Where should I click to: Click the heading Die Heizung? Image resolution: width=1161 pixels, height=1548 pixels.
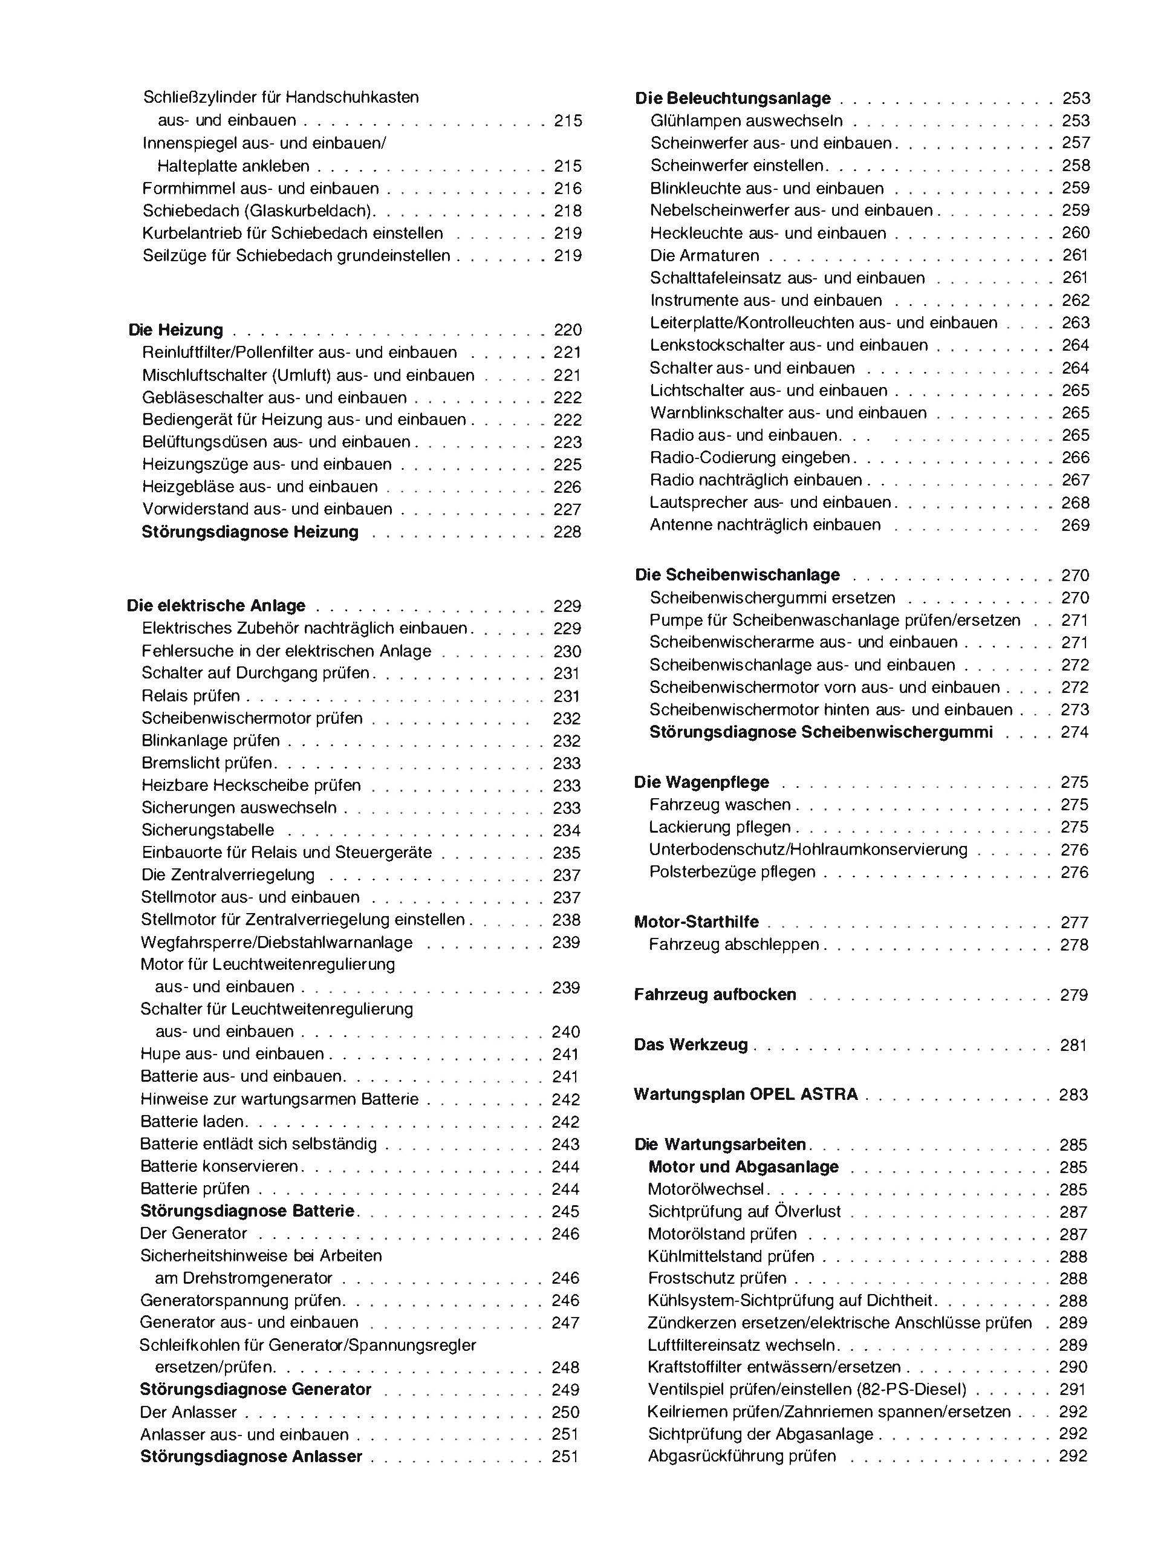click(175, 330)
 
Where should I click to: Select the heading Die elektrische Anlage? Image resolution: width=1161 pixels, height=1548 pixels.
click(216, 605)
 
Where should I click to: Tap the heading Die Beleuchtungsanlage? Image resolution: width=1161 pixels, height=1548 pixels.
click(733, 98)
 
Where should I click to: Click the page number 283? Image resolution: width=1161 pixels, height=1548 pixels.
click(1073, 1094)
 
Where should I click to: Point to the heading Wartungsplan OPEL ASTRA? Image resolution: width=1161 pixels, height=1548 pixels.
click(746, 1094)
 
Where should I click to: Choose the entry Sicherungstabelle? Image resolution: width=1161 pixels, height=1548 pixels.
click(208, 830)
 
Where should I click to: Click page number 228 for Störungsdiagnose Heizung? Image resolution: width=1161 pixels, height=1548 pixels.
click(567, 532)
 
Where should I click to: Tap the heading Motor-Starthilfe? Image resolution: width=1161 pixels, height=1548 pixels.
click(697, 922)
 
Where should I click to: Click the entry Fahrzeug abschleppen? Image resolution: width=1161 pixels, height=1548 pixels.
click(733, 944)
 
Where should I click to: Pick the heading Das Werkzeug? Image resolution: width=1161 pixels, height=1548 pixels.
click(691, 1045)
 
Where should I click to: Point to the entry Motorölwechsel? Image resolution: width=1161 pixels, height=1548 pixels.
click(706, 1189)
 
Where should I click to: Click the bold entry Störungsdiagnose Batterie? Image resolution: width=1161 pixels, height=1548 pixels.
click(248, 1211)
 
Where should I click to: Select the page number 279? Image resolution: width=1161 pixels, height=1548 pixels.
click(1073, 995)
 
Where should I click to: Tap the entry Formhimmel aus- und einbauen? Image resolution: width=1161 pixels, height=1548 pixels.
click(261, 188)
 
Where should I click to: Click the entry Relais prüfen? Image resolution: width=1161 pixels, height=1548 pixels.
click(190, 695)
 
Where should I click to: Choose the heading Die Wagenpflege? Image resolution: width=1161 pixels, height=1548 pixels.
click(701, 782)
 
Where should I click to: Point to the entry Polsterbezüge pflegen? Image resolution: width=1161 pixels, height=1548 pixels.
click(732, 872)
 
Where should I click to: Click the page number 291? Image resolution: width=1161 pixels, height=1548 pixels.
click(1073, 1389)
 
